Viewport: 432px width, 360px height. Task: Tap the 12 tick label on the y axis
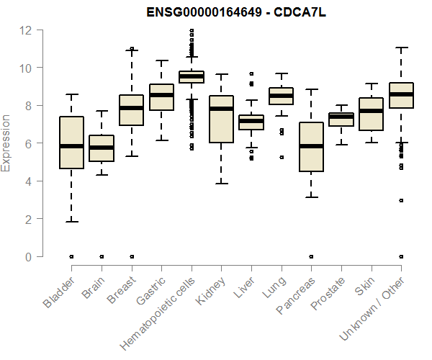(26, 30)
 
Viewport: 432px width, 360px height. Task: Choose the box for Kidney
(221, 119)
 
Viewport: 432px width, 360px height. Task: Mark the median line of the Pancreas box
(310, 146)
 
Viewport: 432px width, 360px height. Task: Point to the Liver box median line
(251, 121)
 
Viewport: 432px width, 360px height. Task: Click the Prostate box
(341, 119)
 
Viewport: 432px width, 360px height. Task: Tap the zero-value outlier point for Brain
(101, 256)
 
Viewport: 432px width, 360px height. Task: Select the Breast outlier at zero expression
(131, 256)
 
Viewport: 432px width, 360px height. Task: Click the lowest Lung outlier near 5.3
(281, 157)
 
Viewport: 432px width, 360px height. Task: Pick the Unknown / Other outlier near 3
(400, 200)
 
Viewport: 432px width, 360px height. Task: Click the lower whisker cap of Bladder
(71, 222)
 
